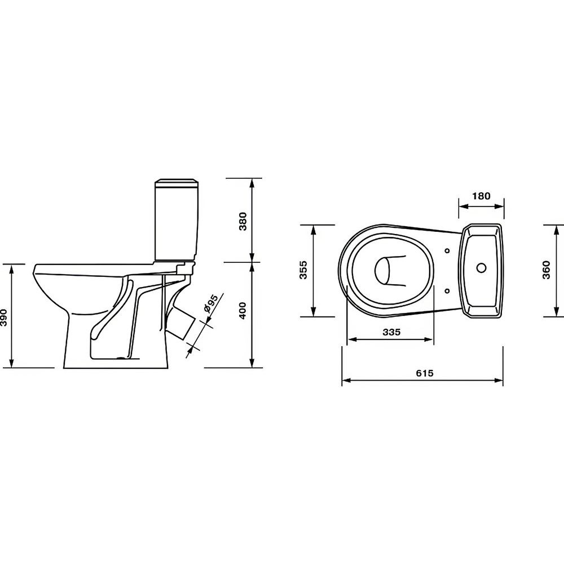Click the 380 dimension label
243,221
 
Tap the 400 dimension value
243,310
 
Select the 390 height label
3,317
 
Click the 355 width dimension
304,270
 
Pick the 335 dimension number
391,332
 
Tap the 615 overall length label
425,373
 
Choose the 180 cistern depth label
481,196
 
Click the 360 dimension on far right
547,270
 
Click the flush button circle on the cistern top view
481,267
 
